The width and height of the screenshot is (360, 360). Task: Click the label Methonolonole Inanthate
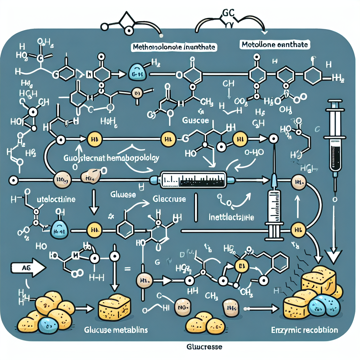pos(174,47)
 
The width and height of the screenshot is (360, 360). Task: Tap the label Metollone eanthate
pos(275,45)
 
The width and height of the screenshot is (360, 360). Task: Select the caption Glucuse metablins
pos(116,330)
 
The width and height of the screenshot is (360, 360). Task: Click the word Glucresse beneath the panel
pos(204,347)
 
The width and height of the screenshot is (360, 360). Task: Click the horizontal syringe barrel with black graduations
pos(193,179)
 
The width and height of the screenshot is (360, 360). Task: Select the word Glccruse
pos(169,199)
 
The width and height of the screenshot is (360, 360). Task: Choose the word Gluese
pos(122,194)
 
